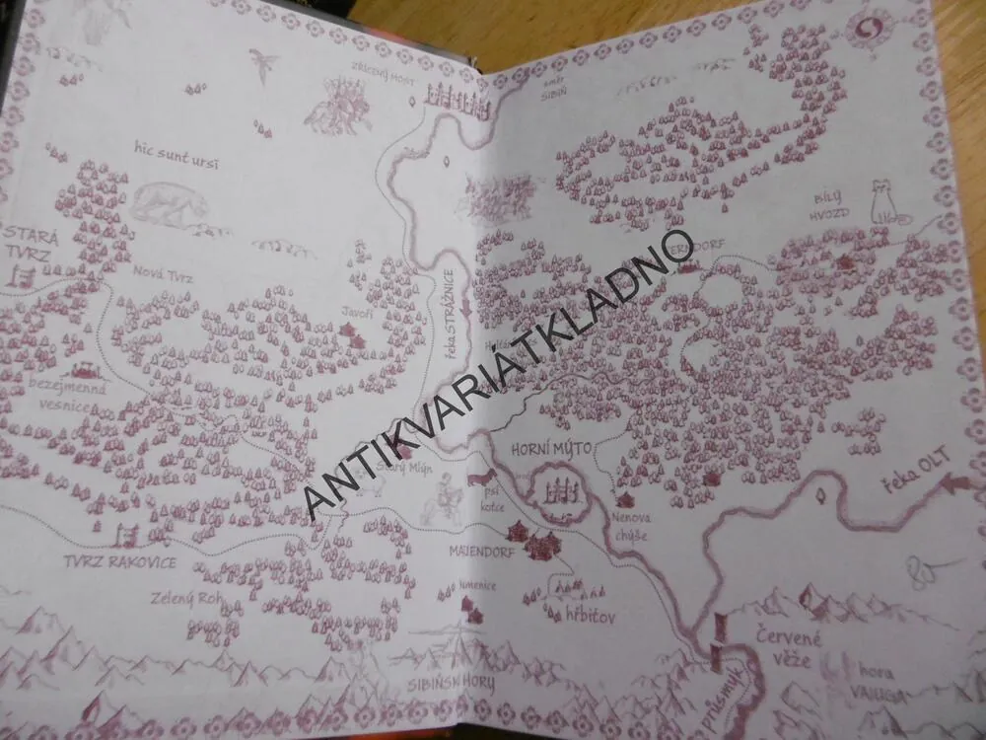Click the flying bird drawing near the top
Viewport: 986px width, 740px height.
click(x=262, y=64)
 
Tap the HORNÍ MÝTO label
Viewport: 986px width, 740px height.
click(x=551, y=450)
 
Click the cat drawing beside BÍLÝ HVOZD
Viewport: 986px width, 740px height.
click(x=883, y=203)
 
